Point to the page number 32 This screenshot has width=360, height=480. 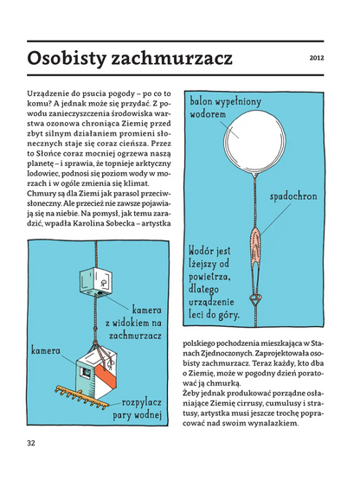click(x=32, y=443)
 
